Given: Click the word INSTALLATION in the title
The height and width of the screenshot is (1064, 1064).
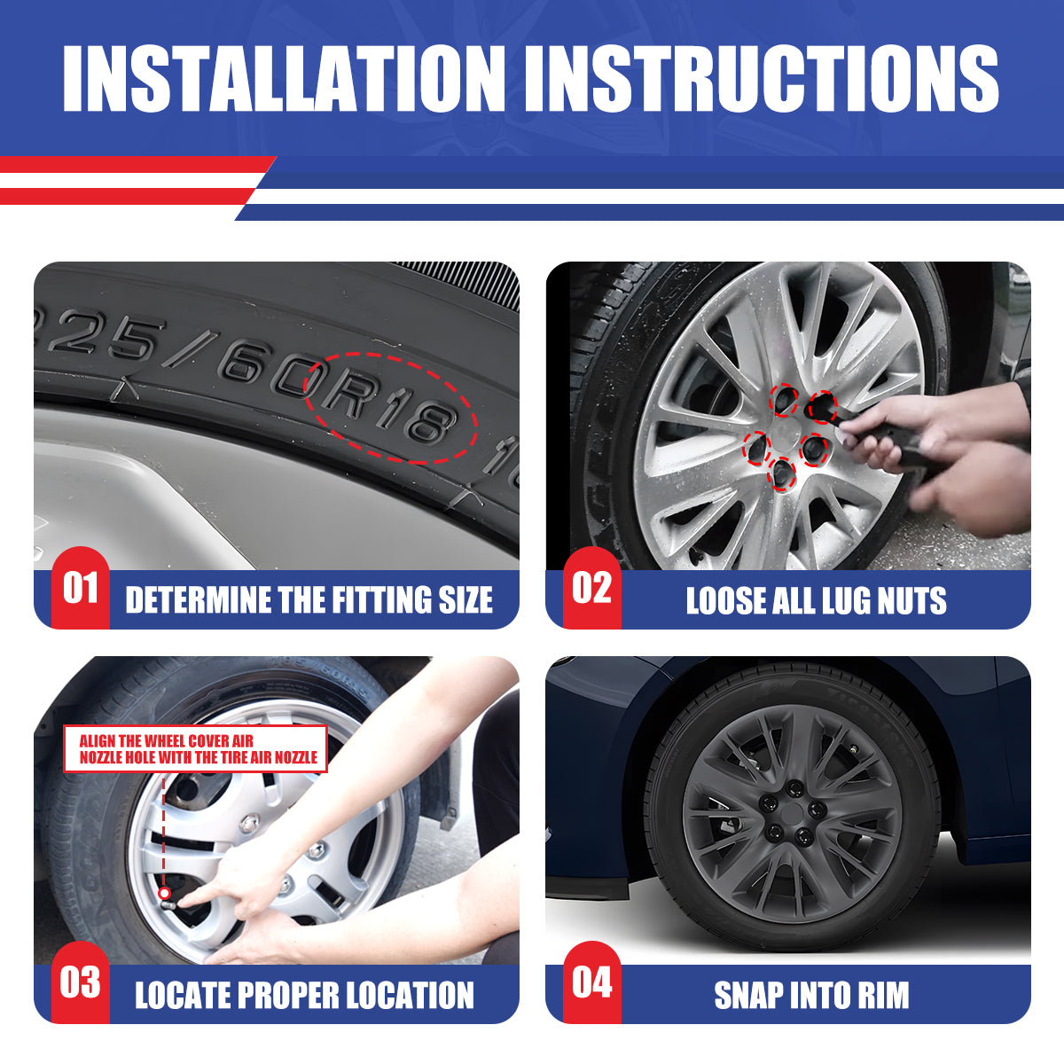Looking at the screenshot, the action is [x=284, y=78].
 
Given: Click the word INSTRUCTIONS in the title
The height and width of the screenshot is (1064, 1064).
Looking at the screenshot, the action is [x=762, y=78].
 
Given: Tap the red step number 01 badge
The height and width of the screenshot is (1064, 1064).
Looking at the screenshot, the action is [x=81, y=588].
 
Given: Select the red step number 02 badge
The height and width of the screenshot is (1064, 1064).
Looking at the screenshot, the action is [x=592, y=588].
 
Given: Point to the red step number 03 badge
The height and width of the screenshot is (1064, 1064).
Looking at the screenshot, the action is [x=81, y=982].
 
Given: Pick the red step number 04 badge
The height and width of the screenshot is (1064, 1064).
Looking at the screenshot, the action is [x=592, y=982].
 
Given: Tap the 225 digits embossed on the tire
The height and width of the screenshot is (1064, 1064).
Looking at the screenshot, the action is [x=99, y=333].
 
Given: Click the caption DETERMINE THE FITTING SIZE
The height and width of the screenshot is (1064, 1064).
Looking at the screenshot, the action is [x=309, y=599].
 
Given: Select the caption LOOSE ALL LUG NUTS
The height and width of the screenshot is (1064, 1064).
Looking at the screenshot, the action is [x=816, y=600].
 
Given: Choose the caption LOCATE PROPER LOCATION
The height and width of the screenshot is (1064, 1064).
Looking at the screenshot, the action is [x=304, y=995].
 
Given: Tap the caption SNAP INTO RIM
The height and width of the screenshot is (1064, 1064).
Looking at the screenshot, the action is [x=811, y=995].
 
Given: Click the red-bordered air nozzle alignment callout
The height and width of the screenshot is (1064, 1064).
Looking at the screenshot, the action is [x=195, y=748].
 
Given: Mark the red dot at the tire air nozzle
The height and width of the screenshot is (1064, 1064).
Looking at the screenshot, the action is [x=164, y=893].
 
